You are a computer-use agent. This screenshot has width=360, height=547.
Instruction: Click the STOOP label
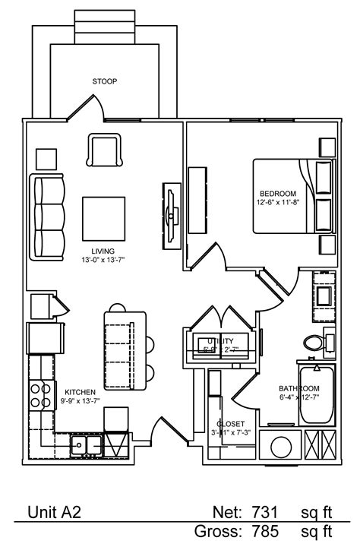(x=105, y=81)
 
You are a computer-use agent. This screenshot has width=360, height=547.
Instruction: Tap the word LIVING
(x=103, y=251)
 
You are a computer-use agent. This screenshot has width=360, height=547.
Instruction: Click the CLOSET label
(x=229, y=423)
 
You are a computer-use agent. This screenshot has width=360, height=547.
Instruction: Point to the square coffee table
(x=103, y=217)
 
